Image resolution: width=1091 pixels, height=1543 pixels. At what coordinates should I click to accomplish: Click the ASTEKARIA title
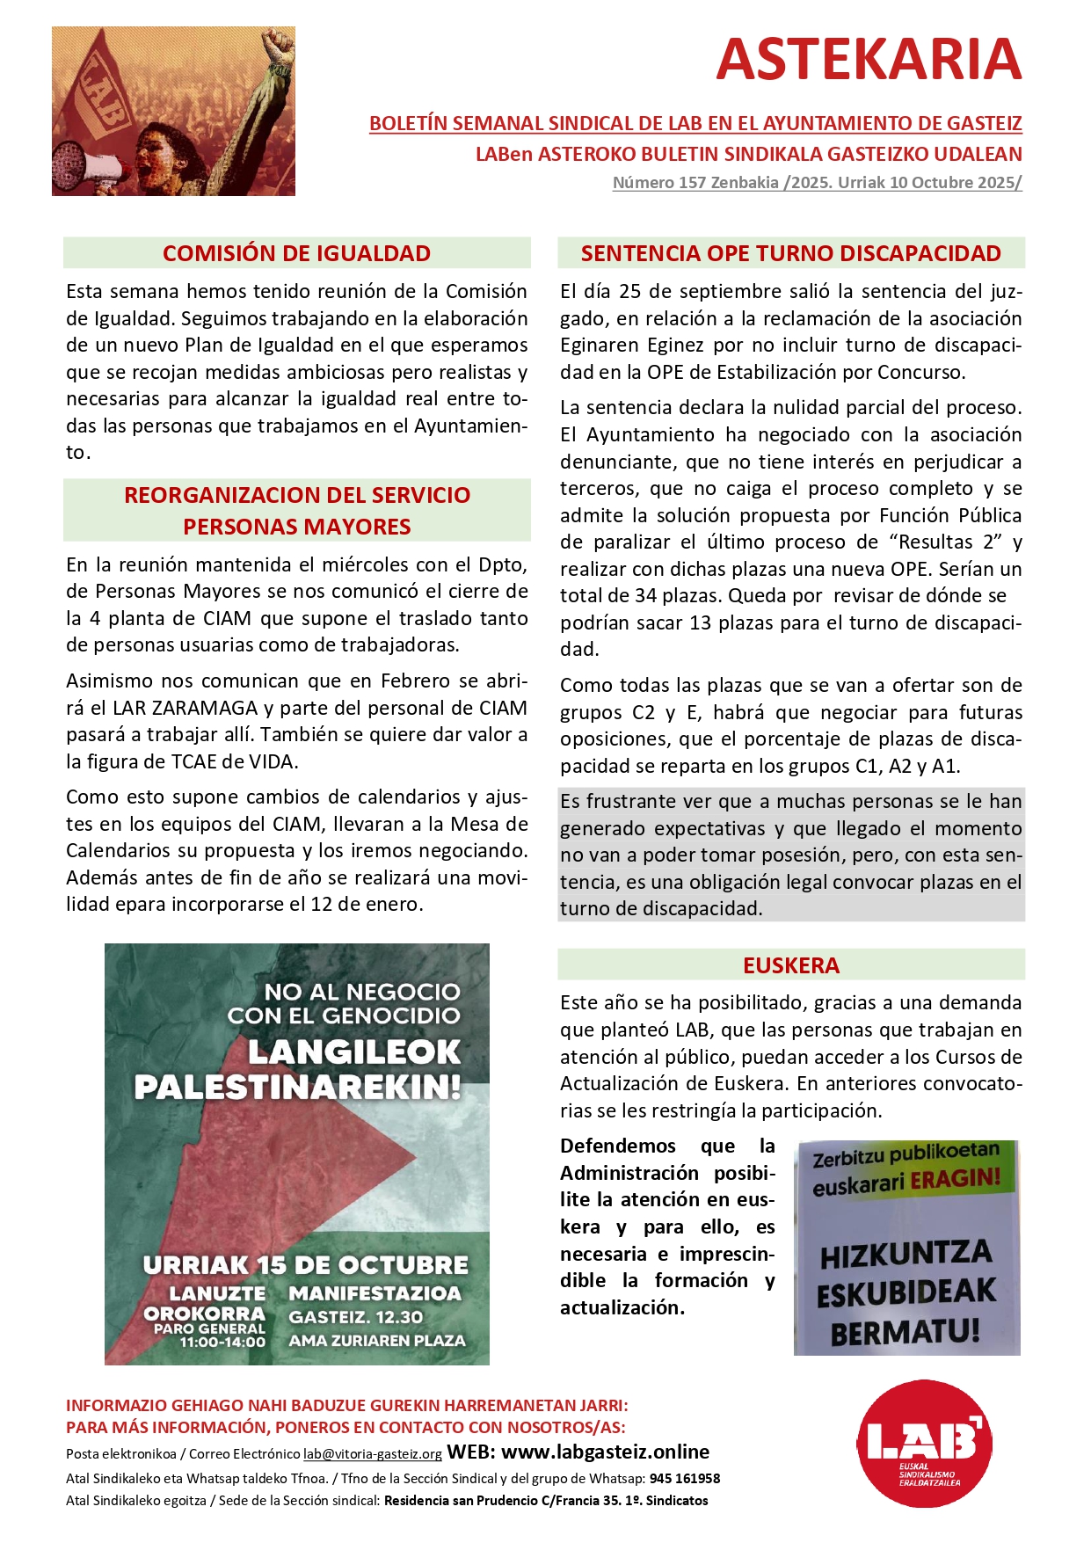tap(869, 60)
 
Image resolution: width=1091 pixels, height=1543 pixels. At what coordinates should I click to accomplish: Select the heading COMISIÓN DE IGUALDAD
tap(296, 253)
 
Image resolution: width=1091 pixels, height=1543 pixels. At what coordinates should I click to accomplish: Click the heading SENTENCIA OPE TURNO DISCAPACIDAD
tap(790, 253)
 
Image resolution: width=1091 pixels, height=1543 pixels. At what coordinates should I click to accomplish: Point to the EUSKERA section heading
tap(790, 965)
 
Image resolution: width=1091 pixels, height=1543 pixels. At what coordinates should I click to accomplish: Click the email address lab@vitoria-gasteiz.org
tap(373, 1454)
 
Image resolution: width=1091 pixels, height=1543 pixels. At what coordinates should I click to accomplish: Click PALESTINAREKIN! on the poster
tap(297, 1088)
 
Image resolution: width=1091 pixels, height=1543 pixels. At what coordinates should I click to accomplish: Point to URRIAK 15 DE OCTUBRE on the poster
tap(306, 1265)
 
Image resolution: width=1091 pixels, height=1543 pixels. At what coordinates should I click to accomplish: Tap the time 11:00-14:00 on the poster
tap(222, 1343)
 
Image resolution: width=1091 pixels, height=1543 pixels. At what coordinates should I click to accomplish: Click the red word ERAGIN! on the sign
tap(955, 1178)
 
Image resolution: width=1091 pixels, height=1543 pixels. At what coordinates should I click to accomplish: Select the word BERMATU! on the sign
tap(905, 1332)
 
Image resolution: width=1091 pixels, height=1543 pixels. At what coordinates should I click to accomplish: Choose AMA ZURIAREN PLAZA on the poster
tap(377, 1341)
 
